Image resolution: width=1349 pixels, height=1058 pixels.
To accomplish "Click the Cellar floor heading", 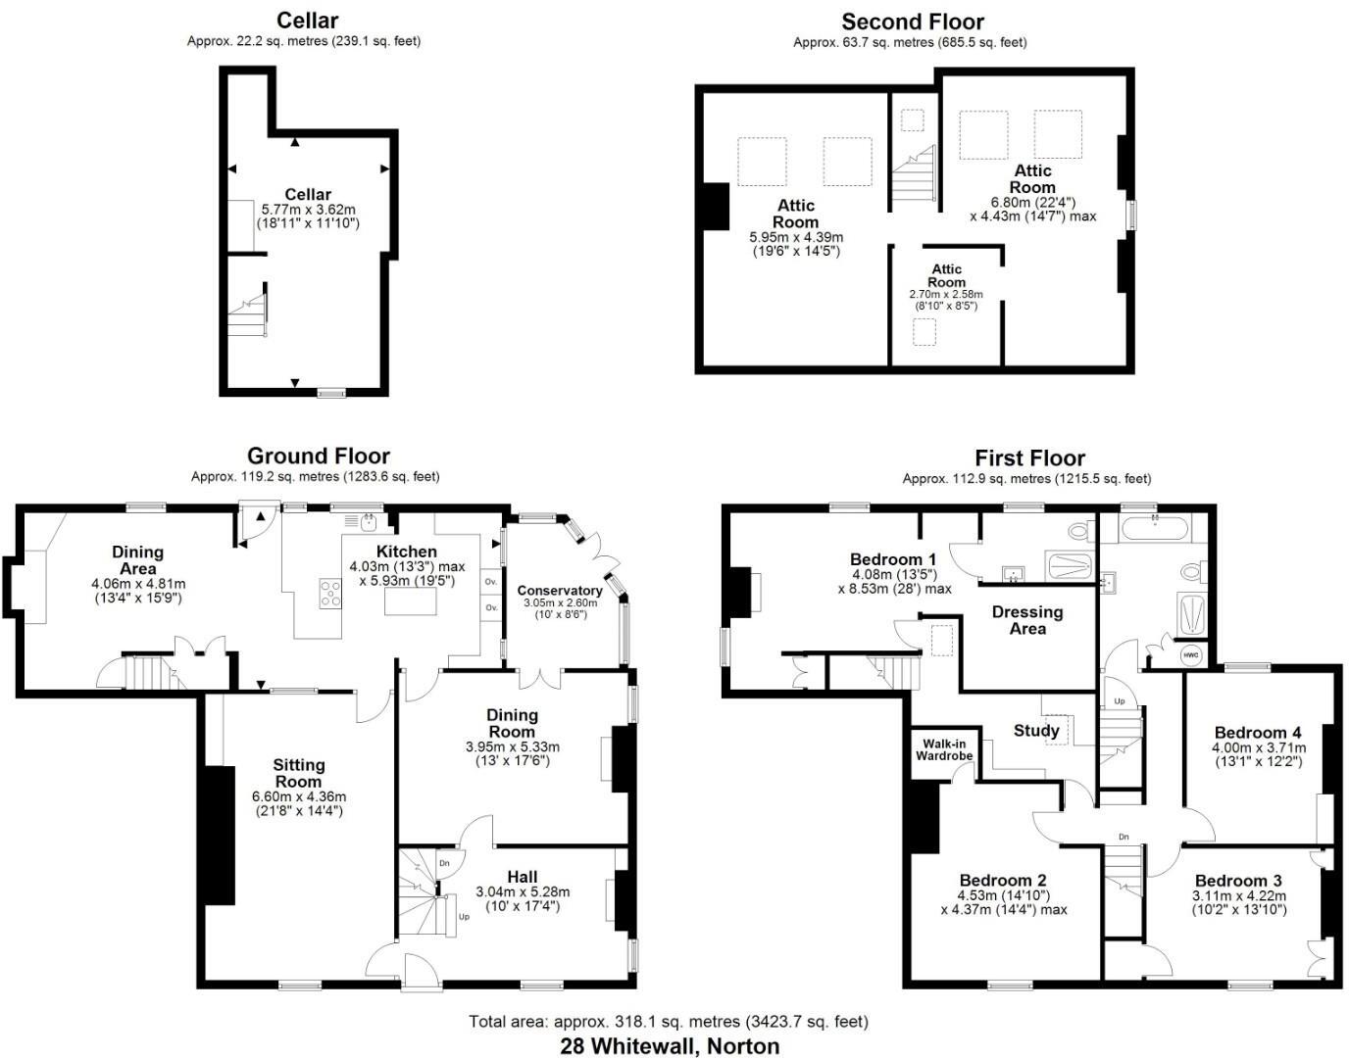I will point(307,21).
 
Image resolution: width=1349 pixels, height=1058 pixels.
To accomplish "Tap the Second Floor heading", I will point(912,22).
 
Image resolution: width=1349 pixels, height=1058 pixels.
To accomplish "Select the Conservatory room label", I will point(560,591).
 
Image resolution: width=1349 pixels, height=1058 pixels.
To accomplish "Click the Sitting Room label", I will point(298,773).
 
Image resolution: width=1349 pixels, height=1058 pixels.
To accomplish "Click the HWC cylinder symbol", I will point(1190,654).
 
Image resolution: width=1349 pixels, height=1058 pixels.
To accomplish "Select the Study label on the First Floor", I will point(1036,731).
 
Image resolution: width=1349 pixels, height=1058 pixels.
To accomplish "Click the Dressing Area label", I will point(1027,620).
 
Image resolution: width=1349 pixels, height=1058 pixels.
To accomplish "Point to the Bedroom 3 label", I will point(1238,881).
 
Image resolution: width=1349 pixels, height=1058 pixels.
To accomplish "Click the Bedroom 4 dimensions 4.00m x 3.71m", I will point(1259,747).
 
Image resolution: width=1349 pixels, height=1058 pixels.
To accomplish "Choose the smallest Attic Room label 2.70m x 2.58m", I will point(946,294).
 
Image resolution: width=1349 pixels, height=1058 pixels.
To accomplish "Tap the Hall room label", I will point(523,877).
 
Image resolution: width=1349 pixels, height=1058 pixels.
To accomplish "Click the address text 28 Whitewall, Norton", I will point(670,1045).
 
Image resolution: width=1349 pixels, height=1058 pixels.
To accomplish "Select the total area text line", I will point(668,1022).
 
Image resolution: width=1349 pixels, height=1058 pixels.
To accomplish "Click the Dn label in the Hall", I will point(444,863).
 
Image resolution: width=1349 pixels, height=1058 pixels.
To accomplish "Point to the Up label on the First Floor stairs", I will point(1120,702).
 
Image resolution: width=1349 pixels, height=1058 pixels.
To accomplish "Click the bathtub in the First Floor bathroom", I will point(1155,530).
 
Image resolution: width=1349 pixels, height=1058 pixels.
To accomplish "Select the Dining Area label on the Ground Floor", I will point(137,560).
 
